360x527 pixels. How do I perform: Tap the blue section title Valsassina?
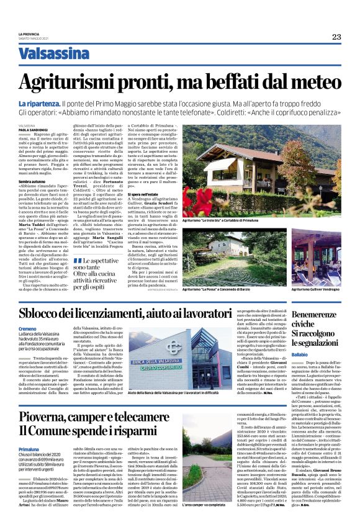point(54,53)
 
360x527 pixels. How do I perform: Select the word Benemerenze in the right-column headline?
point(318,316)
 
